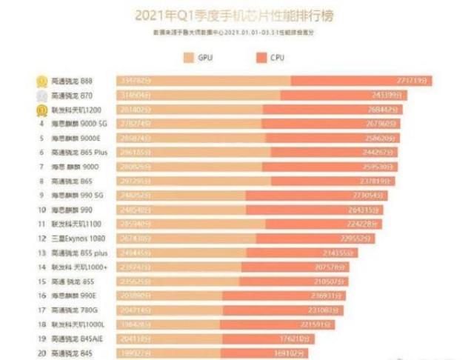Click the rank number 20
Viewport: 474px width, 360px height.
(42, 352)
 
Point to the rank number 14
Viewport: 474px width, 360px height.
(42, 267)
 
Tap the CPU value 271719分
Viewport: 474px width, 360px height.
(415, 81)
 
